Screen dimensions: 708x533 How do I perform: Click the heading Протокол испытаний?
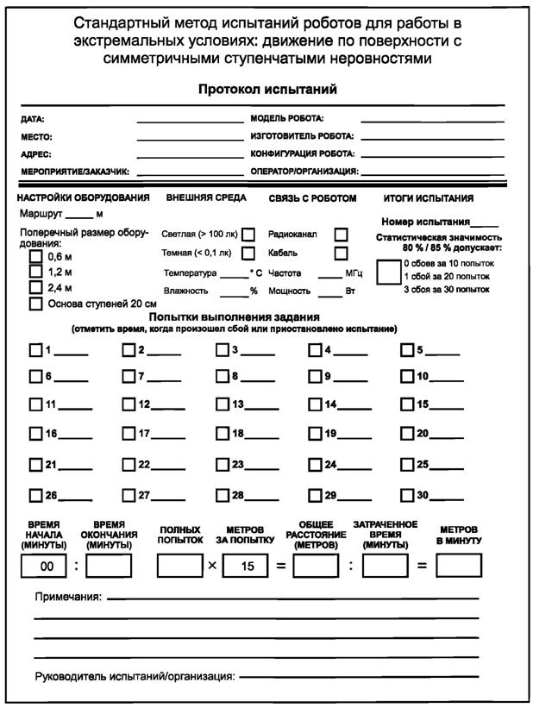pyautogui.click(x=266, y=90)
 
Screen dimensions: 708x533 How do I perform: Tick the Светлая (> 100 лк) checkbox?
pyautogui.click(x=248, y=235)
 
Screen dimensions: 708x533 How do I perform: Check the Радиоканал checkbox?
pyautogui.click(x=341, y=235)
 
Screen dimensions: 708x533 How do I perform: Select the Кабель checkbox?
pyautogui.click(x=341, y=253)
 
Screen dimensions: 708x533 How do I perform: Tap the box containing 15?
pyautogui.click(x=248, y=566)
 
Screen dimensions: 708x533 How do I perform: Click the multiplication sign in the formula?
pyautogui.click(x=212, y=566)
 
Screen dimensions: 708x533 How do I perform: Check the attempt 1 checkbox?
pyautogui.click(x=35, y=350)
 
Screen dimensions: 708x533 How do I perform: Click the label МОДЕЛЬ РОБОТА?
pyautogui.click(x=286, y=120)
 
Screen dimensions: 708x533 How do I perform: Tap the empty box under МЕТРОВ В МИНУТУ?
pyautogui.click(x=459, y=566)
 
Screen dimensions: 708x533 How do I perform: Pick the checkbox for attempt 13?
pyautogui.click(x=222, y=404)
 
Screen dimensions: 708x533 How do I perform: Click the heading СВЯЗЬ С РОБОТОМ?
pyautogui.click(x=312, y=197)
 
